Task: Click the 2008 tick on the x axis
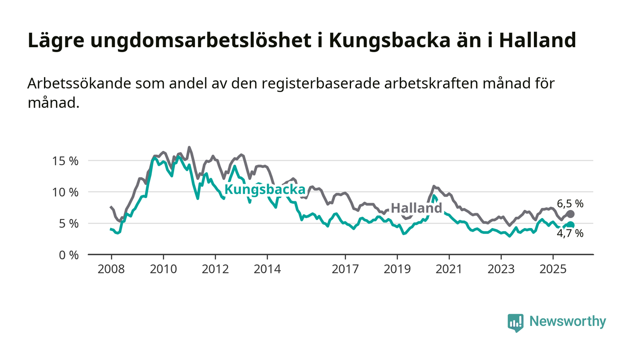tap(111, 269)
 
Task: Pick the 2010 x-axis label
tap(163, 269)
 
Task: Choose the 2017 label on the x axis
tap(346, 269)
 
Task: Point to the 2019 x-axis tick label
tap(397, 269)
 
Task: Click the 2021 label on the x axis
tap(449, 269)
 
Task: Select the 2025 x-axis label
tap(553, 269)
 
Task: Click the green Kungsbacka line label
tap(265, 190)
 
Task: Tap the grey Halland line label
tap(416, 208)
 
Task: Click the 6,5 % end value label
tap(570, 204)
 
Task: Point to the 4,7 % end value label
tap(570, 234)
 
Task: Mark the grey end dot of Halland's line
tap(571, 214)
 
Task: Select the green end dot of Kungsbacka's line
tap(571, 225)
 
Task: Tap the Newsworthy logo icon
tap(515, 322)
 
